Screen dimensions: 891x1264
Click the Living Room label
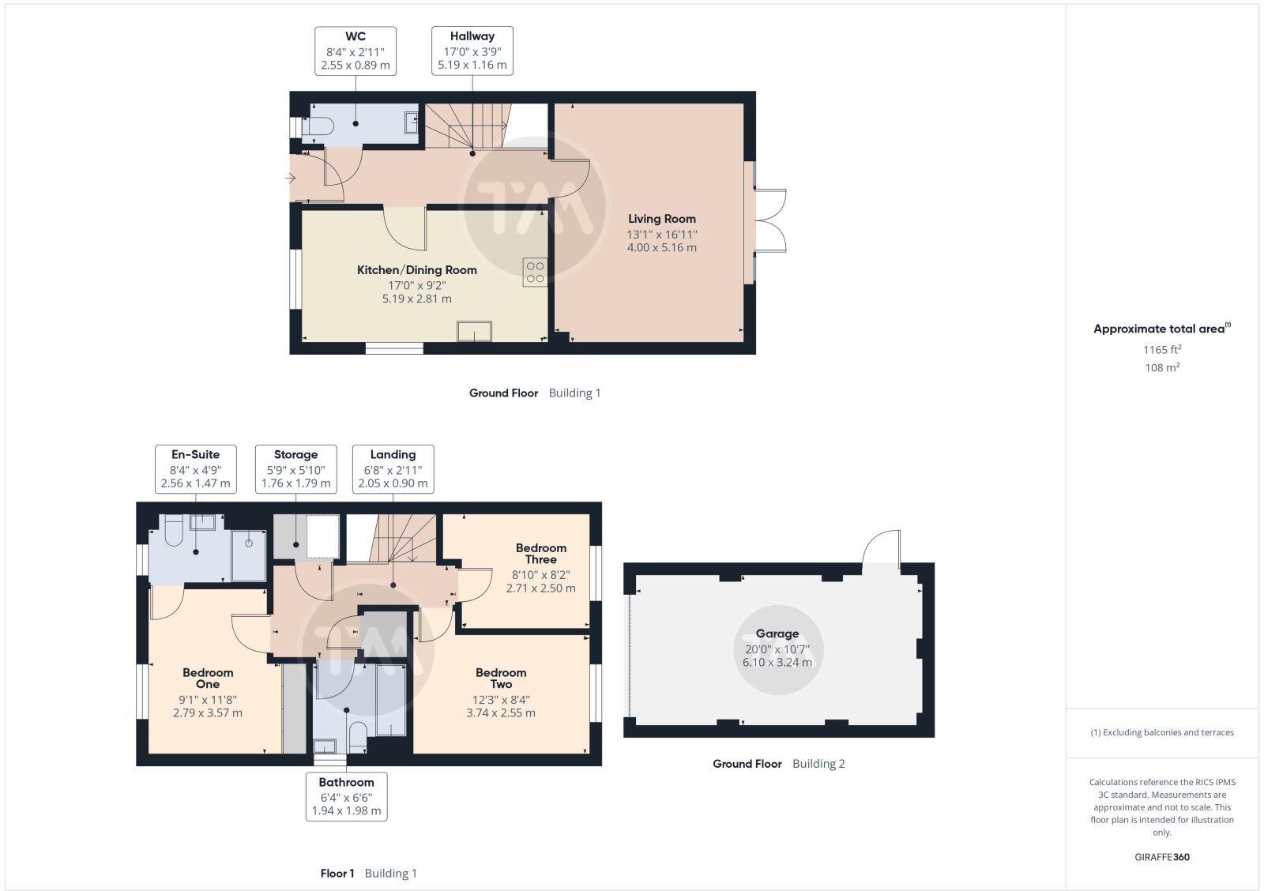tap(662, 219)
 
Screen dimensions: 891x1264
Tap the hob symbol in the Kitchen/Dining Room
tap(535, 273)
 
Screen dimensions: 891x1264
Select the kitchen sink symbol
tap(474, 331)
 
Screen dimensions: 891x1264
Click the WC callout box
tap(355, 51)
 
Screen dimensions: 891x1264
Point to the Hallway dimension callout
tap(472, 51)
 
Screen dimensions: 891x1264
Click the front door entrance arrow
tap(290, 179)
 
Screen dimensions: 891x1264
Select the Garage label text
tap(777, 633)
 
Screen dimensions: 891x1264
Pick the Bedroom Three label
tap(540, 553)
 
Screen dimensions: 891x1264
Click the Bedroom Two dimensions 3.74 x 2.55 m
tap(501, 712)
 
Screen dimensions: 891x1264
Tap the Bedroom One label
tap(208, 678)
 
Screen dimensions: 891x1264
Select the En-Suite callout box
tap(195, 468)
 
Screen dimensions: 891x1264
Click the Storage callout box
tap(295, 468)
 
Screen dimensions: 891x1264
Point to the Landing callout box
tap(393, 468)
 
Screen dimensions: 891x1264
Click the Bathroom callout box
tap(346, 796)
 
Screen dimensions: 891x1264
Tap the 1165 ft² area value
tap(1161, 349)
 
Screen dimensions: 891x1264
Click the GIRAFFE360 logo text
tap(1161, 857)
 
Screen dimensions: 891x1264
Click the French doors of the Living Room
tap(770, 220)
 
